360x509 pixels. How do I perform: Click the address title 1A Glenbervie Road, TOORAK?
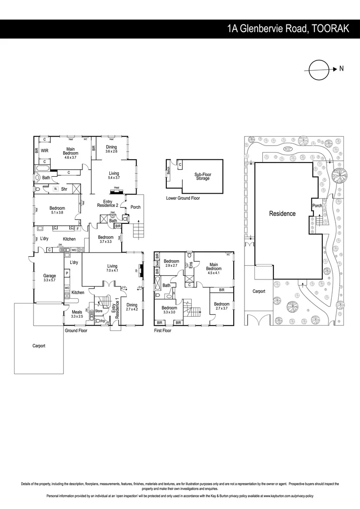click(x=288, y=29)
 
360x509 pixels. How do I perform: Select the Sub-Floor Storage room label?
click(x=203, y=176)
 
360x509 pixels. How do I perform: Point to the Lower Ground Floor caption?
click(x=183, y=198)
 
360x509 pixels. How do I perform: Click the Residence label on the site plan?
click(x=282, y=213)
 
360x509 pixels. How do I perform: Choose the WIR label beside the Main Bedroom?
click(x=45, y=151)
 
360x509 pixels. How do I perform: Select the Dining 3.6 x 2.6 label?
click(x=111, y=149)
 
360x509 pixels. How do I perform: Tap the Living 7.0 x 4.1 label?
click(x=112, y=268)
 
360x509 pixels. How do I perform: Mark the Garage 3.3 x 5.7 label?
click(x=49, y=278)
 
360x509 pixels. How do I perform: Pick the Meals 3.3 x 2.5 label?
click(x=77, y=314)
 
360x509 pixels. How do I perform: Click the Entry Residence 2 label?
click(x=107, y=204)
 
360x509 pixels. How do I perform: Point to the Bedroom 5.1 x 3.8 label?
click(x=57, y=210)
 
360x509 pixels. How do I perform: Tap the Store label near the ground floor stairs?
click(x=98, y=311)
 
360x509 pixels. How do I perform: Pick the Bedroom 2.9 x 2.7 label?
click(x=171, y=263)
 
